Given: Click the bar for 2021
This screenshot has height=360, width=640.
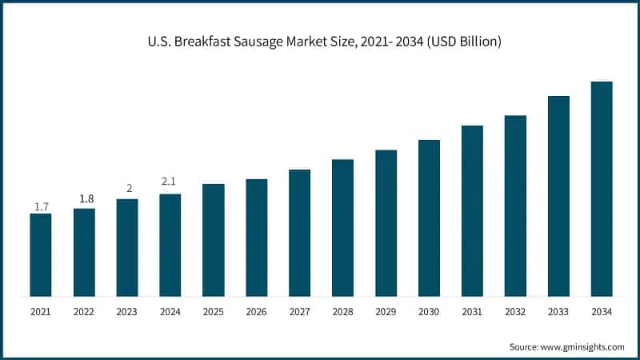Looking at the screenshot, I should pyautogui.click(x=41, y=254).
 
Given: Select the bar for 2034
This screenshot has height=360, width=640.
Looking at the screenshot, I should pyautogui.click(x=602, y=189).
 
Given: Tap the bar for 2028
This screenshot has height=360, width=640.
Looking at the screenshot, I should pyautogui.click(x=342, y=227).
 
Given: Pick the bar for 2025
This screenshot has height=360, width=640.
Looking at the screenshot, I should pyautogui.click(x=213, y=240).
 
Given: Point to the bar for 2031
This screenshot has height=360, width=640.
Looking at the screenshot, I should pyautogui.click(x=472, y=210).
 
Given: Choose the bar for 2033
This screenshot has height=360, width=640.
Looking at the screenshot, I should pyautogui.click(x=558, y=196).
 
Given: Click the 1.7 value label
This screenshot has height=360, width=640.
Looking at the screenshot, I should pyautogui.click(x=41, y=206).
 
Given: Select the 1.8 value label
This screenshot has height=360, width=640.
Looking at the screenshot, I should pyautogui.click(x=84, y=198).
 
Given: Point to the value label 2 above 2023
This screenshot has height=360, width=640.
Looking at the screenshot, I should pyautogui.click(x=127, y=189).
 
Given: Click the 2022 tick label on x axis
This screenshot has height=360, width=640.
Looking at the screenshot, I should pyautogui.click(x=84, y=311).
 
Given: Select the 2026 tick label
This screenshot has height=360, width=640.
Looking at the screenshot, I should pyautogui.click(x=256, y=311).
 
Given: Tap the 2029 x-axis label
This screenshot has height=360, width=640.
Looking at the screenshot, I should pyautogui.click(x=386, y=311).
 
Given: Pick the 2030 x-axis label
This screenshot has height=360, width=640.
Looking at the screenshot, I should pyautogui.click(x=429, y=311).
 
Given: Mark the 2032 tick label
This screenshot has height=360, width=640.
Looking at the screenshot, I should pyautogui.click(x=515, y=311).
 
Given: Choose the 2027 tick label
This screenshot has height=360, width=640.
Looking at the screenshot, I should pyautogui.click(x=299, y=311).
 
